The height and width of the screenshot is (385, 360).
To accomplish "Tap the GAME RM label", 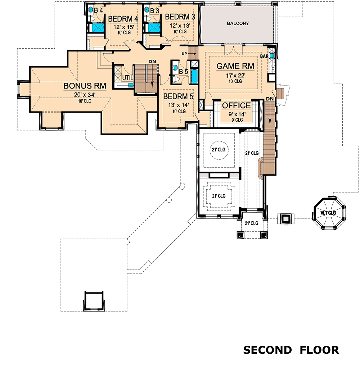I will coord(235,66).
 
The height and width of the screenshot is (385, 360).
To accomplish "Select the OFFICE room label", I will coord(236,106).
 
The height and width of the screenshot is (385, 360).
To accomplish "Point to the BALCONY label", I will coord(238,23).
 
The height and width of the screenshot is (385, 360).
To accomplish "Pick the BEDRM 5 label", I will coord(178,96).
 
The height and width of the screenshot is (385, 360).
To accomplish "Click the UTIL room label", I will coord(127,78).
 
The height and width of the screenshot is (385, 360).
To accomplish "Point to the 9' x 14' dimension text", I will coord(236,114).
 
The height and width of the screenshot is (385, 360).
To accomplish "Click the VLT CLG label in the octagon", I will coord(328,213).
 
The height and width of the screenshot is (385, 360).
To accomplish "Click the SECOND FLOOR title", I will coord(291,350).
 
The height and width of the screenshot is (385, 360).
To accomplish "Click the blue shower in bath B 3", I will coord(154,28).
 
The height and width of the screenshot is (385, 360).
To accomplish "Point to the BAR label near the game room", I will coord(265,56).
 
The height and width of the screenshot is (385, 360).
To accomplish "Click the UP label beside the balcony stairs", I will coord(185,54).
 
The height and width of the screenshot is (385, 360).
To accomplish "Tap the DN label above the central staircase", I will coord(152,61).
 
